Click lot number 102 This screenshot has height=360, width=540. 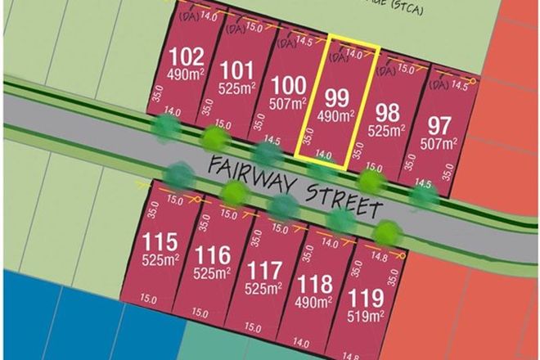[x=185, y=57]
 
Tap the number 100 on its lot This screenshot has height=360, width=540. [x=290, y=85]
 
